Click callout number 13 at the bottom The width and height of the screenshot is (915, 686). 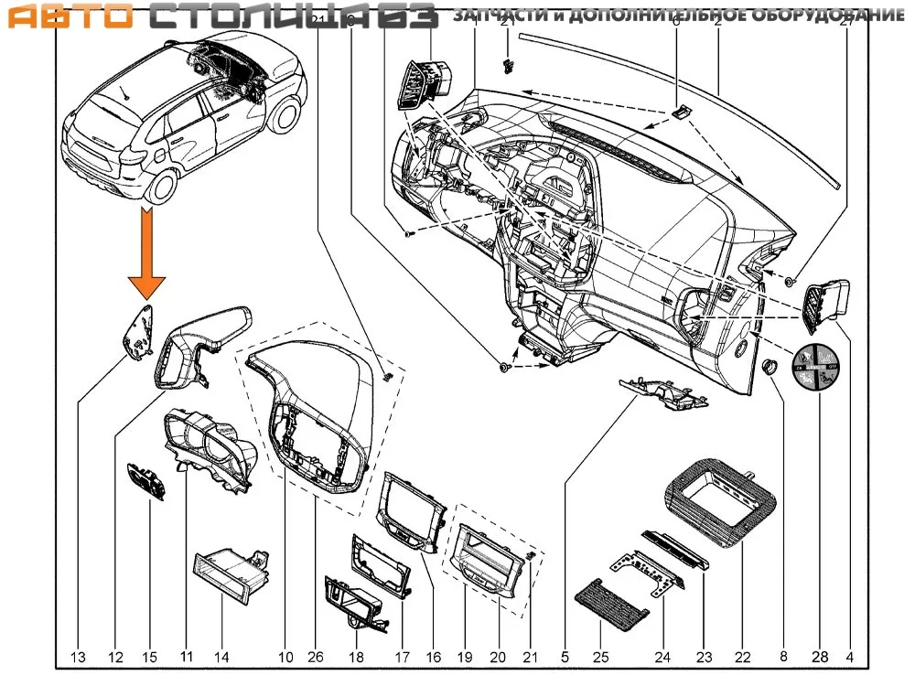[x=78, y=656]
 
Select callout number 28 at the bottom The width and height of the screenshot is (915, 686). [x=818, y=656]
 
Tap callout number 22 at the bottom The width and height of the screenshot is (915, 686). [x=742, y=656]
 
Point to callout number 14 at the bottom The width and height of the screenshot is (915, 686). [x=222, y=656]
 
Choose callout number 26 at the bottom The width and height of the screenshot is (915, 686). [x=317, y=656]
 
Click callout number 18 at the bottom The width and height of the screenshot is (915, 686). [x=358, y=656]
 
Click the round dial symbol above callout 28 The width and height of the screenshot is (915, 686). [x=818, y=366]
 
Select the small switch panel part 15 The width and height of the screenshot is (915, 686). [x=146, y=480]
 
